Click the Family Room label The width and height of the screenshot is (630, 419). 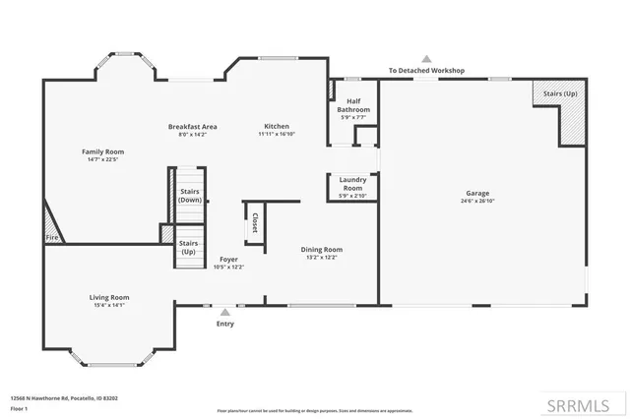click(102, 151)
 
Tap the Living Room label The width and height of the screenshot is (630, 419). click(110, 297)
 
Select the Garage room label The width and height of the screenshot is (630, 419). click(476, 193)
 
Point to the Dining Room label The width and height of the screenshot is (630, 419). click(321, 249)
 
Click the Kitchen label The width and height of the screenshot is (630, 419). click(276, 126)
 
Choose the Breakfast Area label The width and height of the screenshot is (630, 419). click(192, 126)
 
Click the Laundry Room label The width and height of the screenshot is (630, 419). click(352, 182)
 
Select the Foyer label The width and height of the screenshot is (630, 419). click(228, 259)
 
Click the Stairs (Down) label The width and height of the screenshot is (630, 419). click(190, 196)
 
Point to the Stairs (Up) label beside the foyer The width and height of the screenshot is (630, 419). click(188, 246)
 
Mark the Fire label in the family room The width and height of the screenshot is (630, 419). click(51, 237)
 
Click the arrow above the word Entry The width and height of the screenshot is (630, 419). click(224, 312)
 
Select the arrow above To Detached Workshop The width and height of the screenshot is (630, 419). click(426, 59)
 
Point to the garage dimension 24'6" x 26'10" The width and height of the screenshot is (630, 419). click(476, 201)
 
